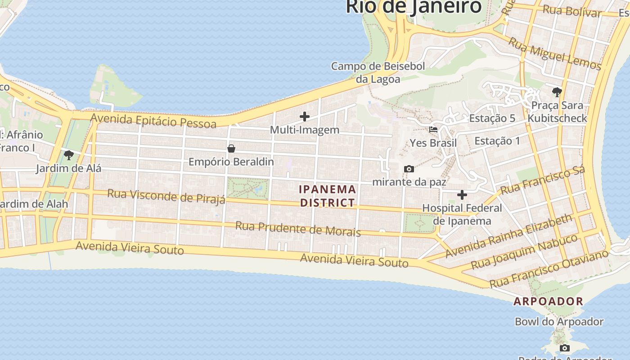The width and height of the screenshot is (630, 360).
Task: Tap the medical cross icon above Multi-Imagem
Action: coord(305,117)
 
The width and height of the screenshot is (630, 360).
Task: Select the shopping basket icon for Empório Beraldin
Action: coord(231,148)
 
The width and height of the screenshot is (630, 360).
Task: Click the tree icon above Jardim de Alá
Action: coord(69,156)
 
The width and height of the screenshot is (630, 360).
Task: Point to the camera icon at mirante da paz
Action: coord(409,169)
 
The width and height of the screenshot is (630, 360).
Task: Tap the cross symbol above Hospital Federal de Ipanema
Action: coord(462,195)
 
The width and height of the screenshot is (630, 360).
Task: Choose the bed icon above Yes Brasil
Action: coord(433,130)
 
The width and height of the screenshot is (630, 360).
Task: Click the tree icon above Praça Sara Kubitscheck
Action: coord(557,92)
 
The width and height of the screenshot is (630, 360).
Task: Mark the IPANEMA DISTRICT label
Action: coord(328,196)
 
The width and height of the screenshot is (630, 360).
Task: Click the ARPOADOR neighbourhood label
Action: coord(548,301)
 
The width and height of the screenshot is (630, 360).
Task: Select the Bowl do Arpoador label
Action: coord(559,322)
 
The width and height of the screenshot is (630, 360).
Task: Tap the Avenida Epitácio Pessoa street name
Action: coord(153,121)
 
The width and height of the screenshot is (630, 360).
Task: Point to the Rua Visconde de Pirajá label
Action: coord(166,196)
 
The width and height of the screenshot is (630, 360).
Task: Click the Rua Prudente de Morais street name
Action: coord(298,229)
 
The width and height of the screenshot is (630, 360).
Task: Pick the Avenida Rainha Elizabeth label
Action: coord(508,236)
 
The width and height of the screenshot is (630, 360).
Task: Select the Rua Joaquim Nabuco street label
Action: coord(524,252)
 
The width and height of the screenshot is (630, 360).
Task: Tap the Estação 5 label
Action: coord(492,118)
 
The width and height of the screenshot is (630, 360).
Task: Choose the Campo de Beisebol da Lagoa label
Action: coord(378,72)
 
